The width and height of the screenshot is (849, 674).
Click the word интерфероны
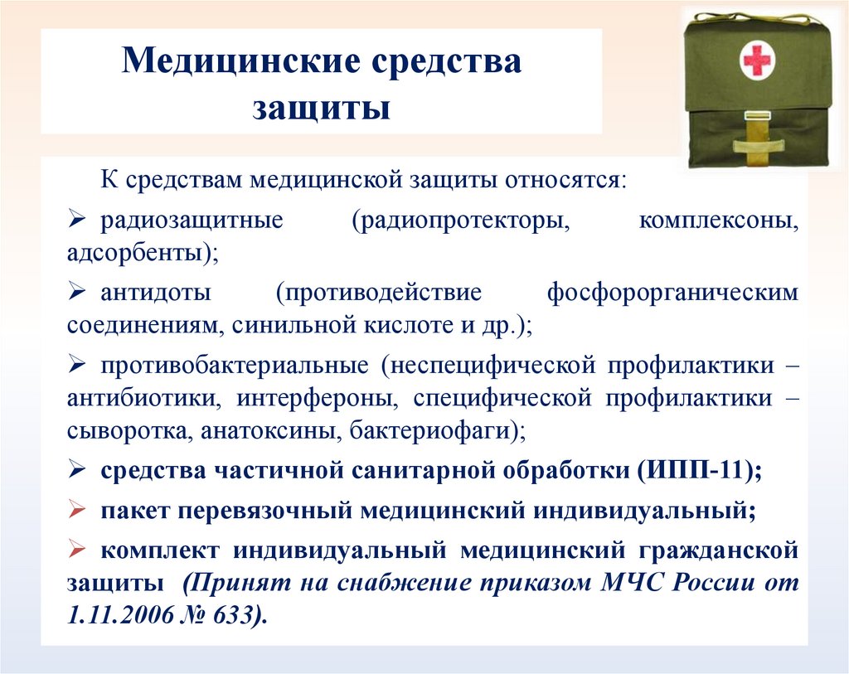click(x=316, y=398)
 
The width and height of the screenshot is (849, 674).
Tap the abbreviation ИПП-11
click(x=696, y=469)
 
